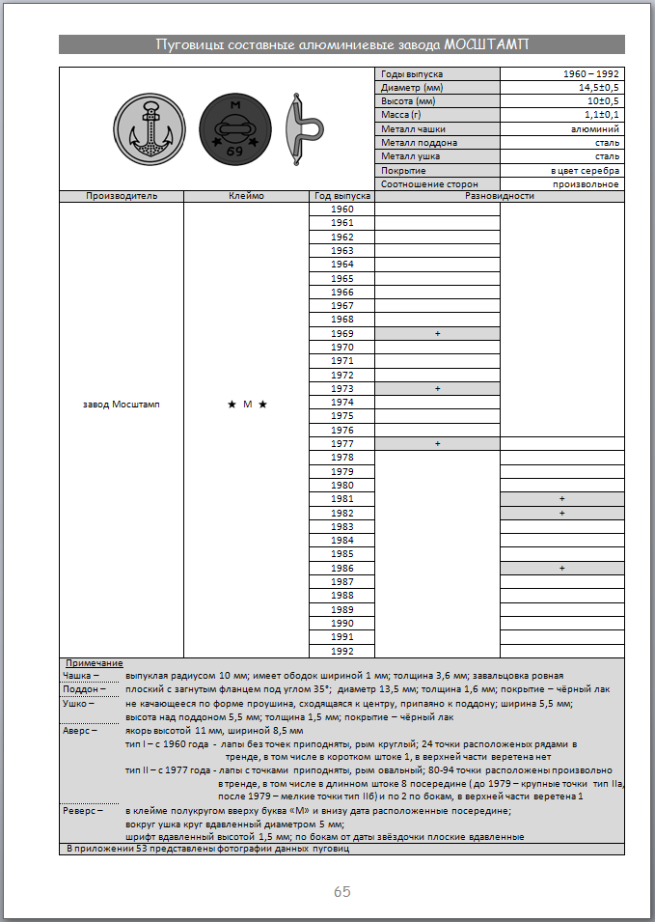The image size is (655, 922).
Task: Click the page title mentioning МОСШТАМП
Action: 341,44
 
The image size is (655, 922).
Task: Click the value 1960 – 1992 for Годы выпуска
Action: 590,74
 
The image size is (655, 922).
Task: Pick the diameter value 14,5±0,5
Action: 598,88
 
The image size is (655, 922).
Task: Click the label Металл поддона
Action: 405,143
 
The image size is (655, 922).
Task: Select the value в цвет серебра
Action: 587,170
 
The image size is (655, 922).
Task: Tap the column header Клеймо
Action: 246,196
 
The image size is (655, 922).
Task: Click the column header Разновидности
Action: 499,196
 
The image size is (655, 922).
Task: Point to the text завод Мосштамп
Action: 122,404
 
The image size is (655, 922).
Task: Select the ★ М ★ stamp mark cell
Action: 246,404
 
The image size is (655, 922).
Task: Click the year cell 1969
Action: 341,333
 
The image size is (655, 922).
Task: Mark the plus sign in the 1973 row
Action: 437,388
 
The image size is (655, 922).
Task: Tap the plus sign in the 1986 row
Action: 561,569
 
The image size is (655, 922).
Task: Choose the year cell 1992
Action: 341,651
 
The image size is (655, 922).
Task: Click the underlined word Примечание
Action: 94,663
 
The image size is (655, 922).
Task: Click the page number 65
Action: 341,891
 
